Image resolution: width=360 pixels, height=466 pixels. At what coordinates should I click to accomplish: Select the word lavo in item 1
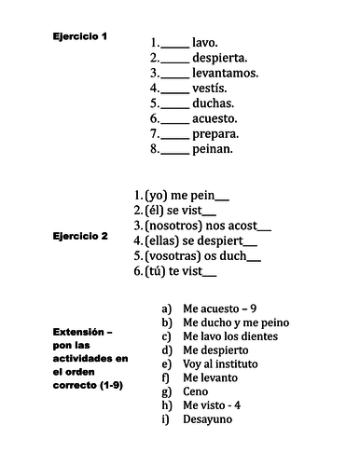[204, 43]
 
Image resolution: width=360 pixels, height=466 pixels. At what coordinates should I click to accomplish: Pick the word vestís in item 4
[209, 88]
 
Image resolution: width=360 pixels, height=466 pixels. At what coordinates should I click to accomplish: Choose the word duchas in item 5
[213, 103]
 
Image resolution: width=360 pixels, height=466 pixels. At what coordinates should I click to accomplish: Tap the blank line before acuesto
[174, 119]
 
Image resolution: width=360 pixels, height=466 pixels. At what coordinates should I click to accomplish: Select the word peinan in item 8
[213, 148]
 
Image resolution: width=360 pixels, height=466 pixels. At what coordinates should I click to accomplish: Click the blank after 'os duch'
[255, 258]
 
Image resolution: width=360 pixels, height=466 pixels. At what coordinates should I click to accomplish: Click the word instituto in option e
[232, 363]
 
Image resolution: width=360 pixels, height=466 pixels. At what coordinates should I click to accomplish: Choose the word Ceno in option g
[196, 391]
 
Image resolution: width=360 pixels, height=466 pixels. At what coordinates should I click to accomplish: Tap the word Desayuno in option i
[209, 419]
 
